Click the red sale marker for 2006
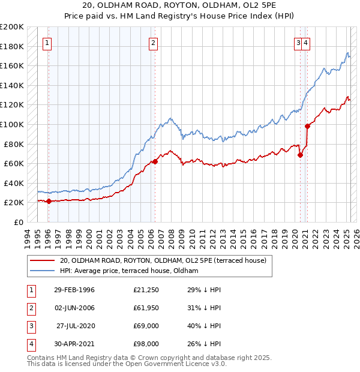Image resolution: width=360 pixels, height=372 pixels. click(x=155, y=161)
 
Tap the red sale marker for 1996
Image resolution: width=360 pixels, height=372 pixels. click(x=49, y=201)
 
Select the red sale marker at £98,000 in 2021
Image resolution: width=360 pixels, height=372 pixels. click(x=307, y=126)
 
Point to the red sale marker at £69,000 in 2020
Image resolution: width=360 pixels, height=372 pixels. click(x=300, y=154)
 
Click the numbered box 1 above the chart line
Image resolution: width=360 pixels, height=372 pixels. click(x=47, y=43)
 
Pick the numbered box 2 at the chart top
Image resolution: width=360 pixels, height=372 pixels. click(x=154, y=43)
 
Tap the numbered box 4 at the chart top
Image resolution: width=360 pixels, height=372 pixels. click(x=306, y=43)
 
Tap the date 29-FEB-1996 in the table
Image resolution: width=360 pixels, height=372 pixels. click(x=74, y=290)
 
